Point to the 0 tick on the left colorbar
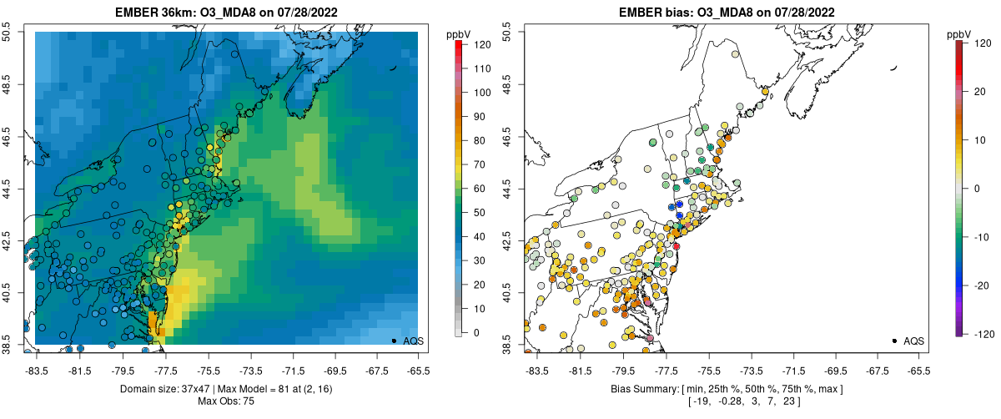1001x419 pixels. [472, 332]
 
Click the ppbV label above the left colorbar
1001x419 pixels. [460, 34]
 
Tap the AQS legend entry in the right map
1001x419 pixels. [913, 341]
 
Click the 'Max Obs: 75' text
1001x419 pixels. [225, 402]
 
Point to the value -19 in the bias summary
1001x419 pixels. [695, 402]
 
